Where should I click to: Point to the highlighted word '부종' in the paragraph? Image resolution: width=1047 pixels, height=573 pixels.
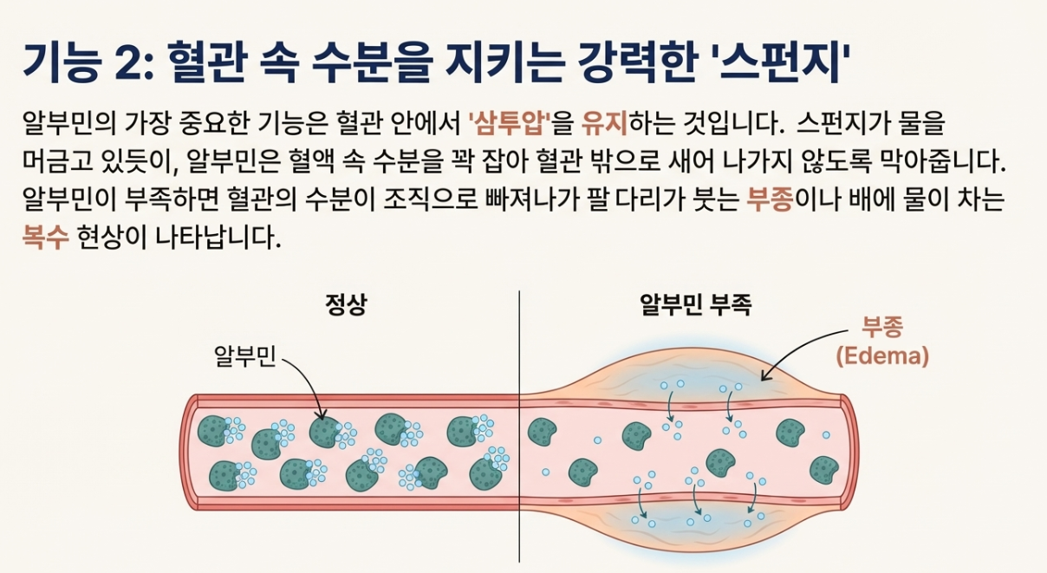(x=771, y=200)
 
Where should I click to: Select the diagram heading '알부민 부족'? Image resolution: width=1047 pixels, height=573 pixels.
(x=695, y=305)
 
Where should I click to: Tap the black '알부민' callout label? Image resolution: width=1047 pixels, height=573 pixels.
(x=244, y=355)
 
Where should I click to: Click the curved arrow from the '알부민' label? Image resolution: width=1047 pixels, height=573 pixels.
(x=308, y=381)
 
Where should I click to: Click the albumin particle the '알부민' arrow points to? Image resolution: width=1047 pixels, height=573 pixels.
(x=324, y=431)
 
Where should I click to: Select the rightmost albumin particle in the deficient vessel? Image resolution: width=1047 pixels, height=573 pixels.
(x=823, y=471)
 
